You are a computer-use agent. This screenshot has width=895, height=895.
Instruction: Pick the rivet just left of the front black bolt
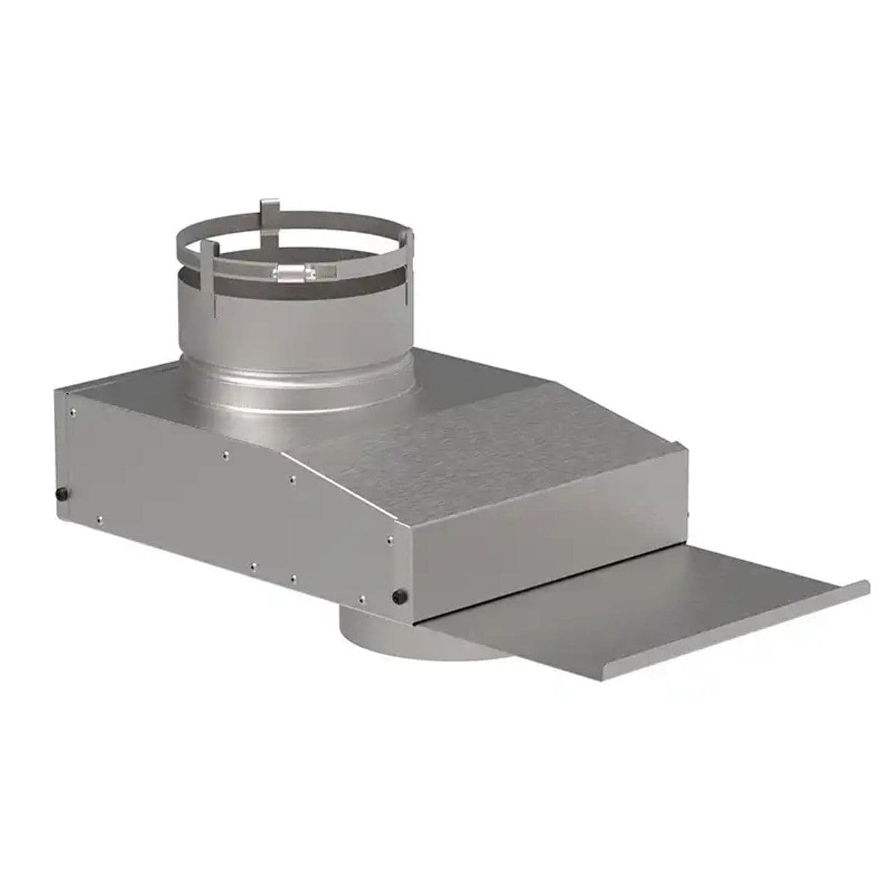pyautogui.click(x=361, y=599)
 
